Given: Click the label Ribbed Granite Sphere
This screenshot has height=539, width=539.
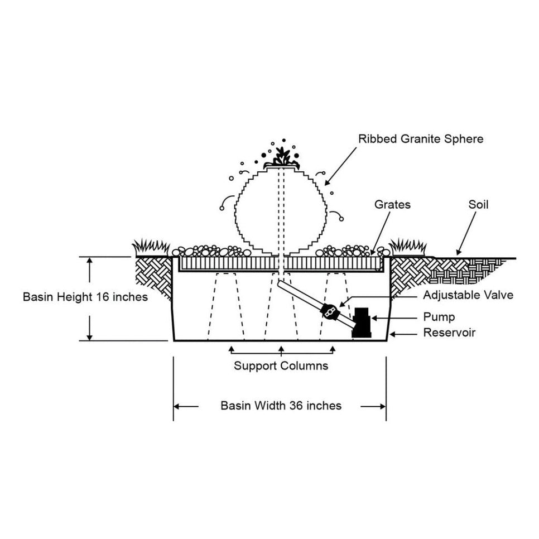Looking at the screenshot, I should (421, 138).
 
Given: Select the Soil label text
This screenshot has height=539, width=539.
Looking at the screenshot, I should (478, 205).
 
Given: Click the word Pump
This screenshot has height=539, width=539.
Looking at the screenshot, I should (439, 317).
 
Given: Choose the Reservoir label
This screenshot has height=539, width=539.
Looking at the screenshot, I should (449, 333).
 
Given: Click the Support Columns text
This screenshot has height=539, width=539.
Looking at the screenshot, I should (281, 366).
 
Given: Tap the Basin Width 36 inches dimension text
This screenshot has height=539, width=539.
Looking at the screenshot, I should (281, 406).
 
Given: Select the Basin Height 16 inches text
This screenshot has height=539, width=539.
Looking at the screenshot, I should (85, 297).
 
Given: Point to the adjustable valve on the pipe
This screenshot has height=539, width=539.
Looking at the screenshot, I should (330, 310).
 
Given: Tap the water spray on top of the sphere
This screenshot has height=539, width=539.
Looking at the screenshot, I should (281, 155).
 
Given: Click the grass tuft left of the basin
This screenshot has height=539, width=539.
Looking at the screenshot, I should (150, 246).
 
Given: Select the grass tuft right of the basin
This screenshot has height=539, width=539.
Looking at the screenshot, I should (408, 246).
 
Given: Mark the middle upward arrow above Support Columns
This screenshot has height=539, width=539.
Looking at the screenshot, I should (281, 349).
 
